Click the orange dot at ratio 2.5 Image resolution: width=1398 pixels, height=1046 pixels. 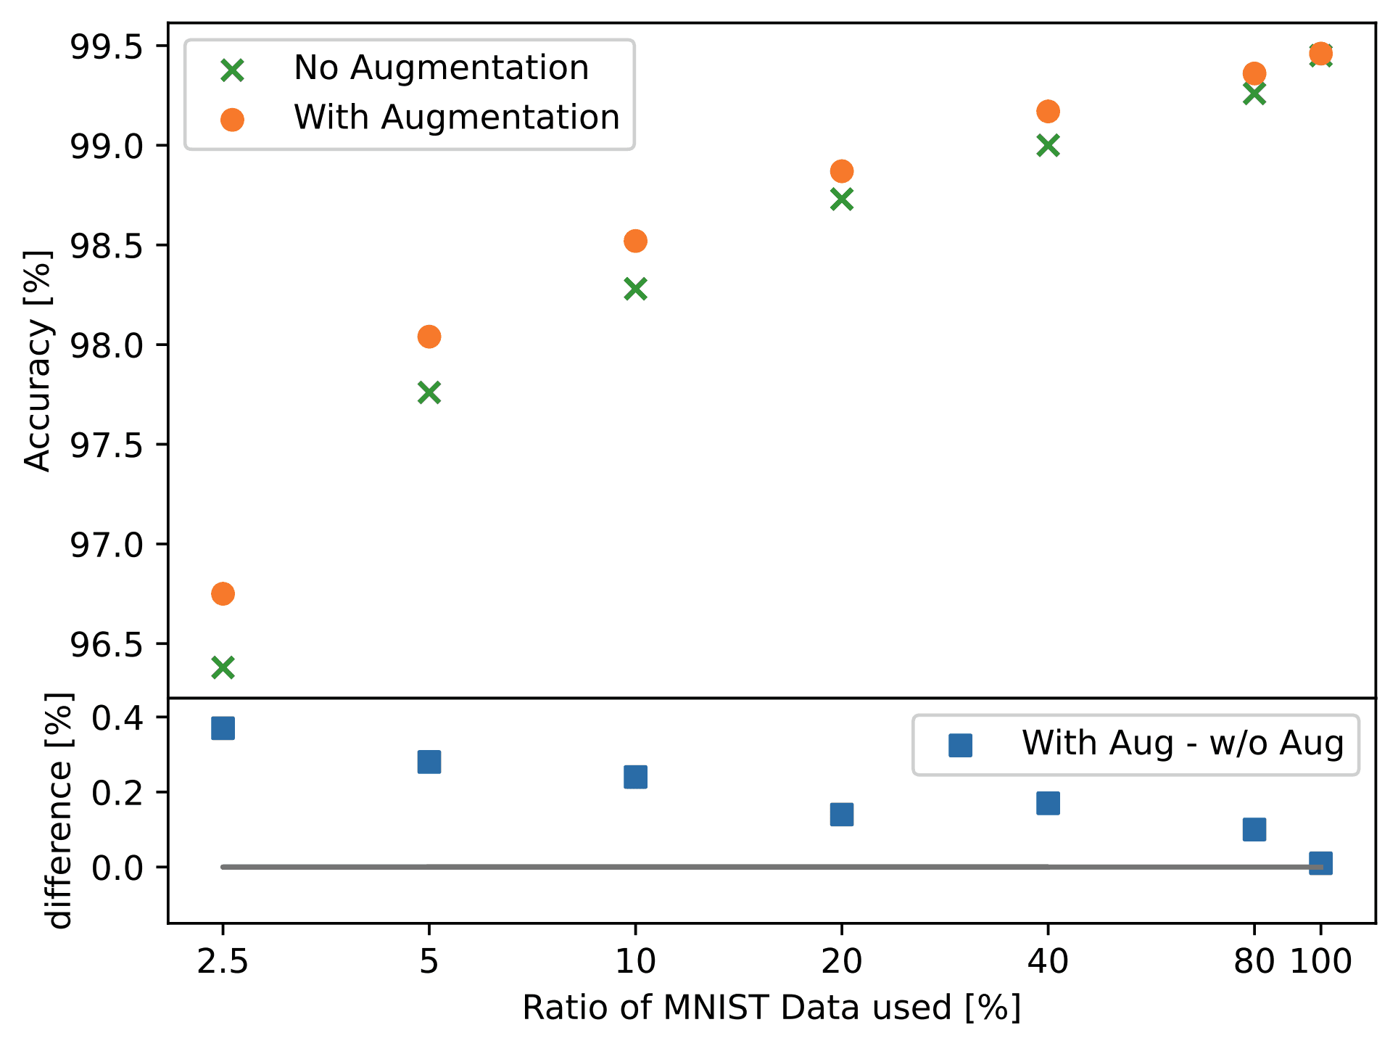click(223, 593)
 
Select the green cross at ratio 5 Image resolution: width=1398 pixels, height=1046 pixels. click(429, 392)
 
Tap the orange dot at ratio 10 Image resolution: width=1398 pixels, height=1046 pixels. click(635, 241)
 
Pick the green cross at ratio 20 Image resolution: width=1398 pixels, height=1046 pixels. click(841, 199)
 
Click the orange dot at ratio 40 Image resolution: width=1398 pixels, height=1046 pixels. click(1048, 112)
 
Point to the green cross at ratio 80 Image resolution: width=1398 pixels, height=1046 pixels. click(1254, 94)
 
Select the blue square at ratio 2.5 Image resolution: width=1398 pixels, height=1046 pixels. click(223, 728)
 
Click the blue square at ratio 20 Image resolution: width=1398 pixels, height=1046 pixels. click(841, 814)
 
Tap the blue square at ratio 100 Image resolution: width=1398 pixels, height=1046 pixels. click(1320, 863)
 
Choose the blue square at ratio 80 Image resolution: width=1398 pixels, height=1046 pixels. click(1254, 828)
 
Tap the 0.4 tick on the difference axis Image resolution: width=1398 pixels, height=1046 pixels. click(120, 718)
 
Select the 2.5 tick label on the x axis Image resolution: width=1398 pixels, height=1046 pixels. click(223, 962)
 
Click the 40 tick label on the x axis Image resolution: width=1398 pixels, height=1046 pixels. click(1048, 962)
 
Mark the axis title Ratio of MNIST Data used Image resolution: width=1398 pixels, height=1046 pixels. click(772, 1008)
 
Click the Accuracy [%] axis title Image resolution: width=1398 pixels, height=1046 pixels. click(38, 361)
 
